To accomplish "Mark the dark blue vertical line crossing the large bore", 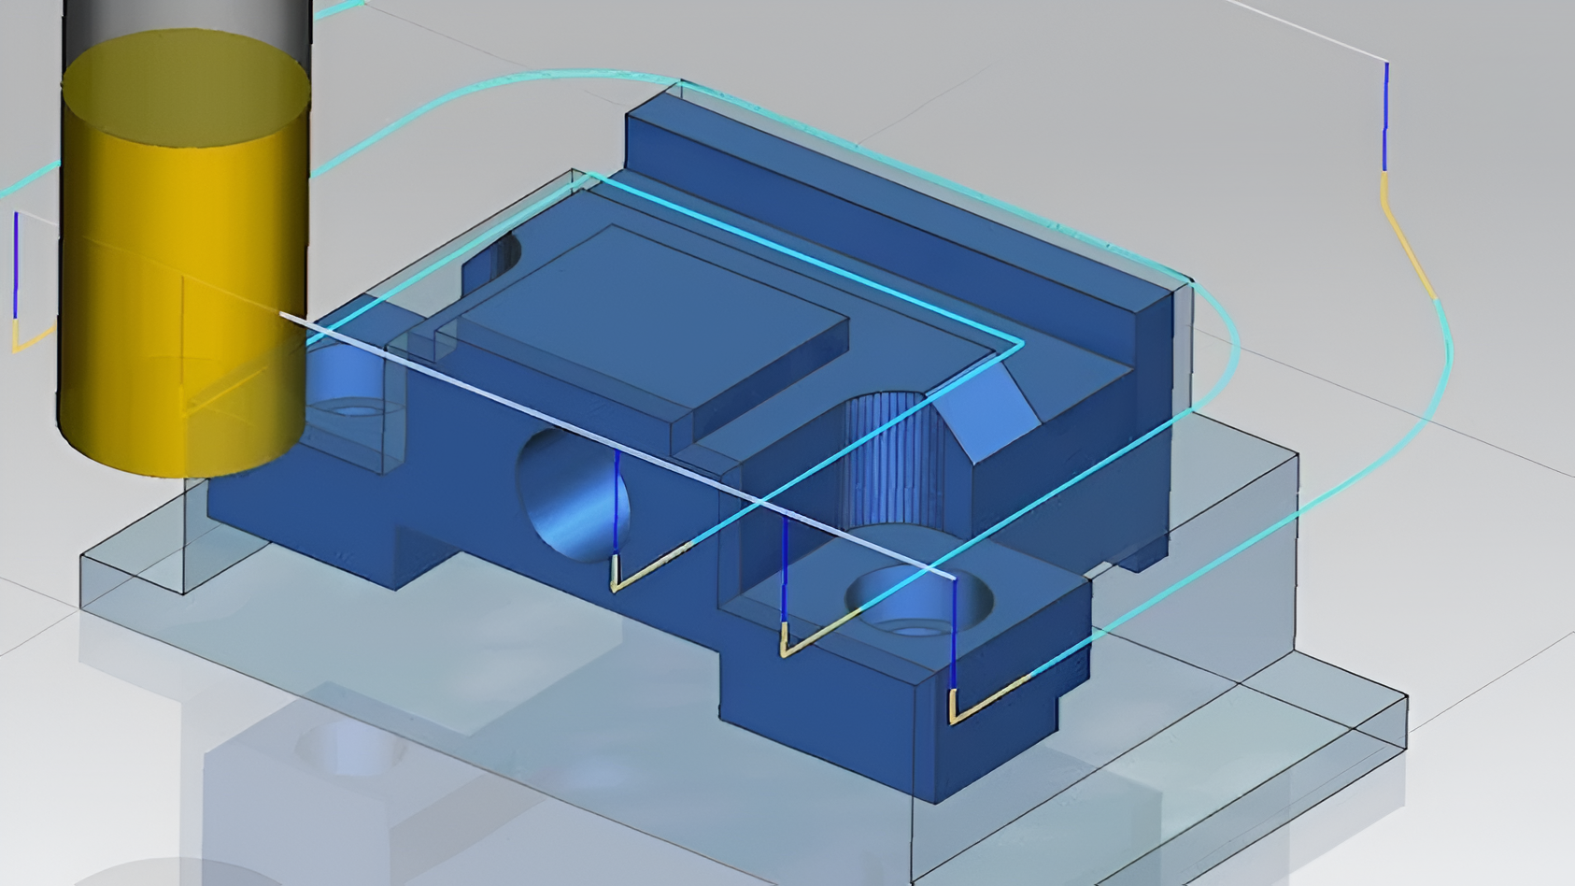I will pyautogui.click(x=617, y=509).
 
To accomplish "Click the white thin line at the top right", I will pyautogui.click(x=1308, y=28).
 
